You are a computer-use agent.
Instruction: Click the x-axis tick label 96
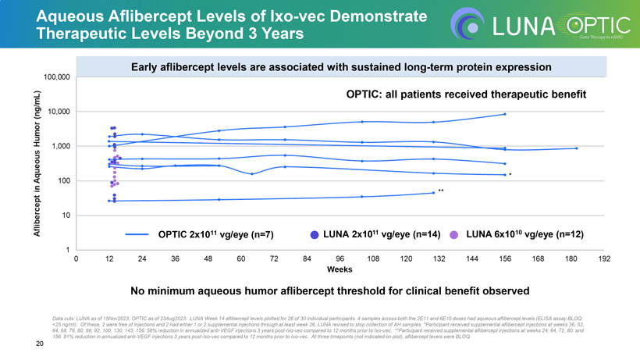pos(340,258)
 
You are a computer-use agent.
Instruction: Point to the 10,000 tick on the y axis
pos(59,112)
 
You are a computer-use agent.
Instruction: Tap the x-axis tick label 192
pos(604,258)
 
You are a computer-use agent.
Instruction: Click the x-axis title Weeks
pos(340,269)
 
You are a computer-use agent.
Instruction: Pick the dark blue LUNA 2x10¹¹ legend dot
pos(315,233)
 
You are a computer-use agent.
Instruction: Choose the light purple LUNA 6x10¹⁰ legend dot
pos(453,233)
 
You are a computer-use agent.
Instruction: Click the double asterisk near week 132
pos(441,191)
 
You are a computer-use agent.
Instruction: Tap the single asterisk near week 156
pos(510,175)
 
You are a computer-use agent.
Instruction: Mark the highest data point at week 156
pos(505,114)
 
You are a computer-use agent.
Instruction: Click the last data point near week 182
pos(576,148)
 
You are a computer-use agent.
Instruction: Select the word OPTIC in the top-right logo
pos(582,23)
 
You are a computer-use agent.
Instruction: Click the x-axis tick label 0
pos(76,258)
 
